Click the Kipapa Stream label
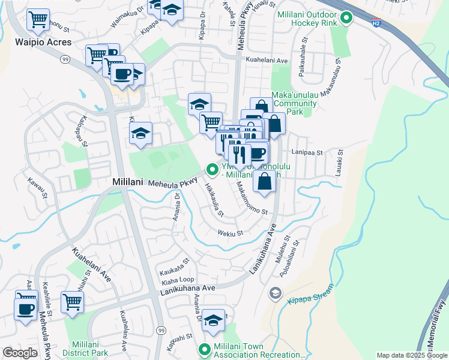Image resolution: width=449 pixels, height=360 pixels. (x=309, y=298)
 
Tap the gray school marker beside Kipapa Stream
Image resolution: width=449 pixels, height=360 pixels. (x=276, y=293)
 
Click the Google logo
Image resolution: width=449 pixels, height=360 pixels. (x=19, y=353)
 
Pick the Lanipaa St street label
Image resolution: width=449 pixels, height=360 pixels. (x=307, y=153)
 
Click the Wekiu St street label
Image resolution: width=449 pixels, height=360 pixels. (x=230, y=233)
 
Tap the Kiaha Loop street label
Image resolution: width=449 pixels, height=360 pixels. (x=177, y=280)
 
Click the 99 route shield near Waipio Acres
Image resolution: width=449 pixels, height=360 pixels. (x=63, y=59)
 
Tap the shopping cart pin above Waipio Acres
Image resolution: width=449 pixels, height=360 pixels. (x=38, y=20)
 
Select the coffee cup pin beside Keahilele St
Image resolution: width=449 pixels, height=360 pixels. (x=25, y=309)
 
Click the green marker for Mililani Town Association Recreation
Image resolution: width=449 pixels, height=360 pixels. (x=204, y=349)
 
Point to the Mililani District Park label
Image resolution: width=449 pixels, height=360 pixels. (x=89, y=349)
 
